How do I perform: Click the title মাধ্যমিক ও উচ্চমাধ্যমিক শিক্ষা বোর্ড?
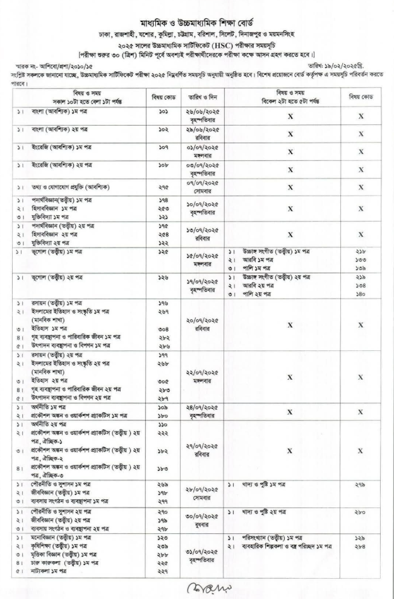(198, 19)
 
